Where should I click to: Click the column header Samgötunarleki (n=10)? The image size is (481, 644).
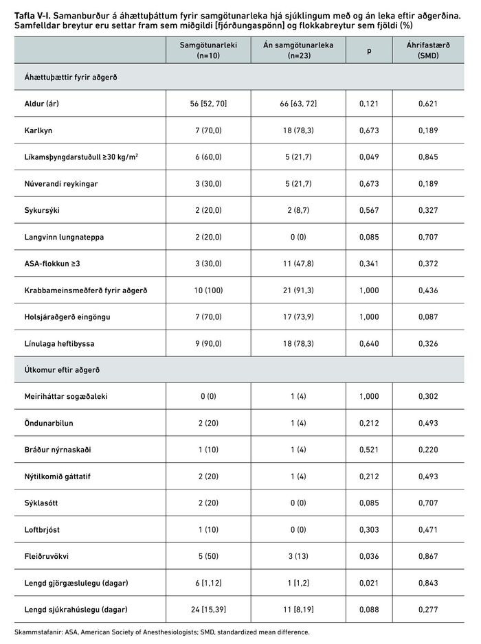203,50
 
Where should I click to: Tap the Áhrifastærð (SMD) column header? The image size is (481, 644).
428,50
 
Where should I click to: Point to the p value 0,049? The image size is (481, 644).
369,157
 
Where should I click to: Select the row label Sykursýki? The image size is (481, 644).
38,211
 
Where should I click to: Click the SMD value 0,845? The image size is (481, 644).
428,157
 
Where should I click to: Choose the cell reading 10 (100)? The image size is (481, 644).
203,290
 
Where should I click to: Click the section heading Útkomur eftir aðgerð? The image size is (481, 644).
58,370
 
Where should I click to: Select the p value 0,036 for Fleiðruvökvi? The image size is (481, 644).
369,556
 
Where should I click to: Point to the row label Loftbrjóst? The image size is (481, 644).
41,529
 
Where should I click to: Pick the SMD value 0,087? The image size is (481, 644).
428,317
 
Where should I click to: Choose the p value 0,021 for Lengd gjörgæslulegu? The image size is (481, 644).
369,583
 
